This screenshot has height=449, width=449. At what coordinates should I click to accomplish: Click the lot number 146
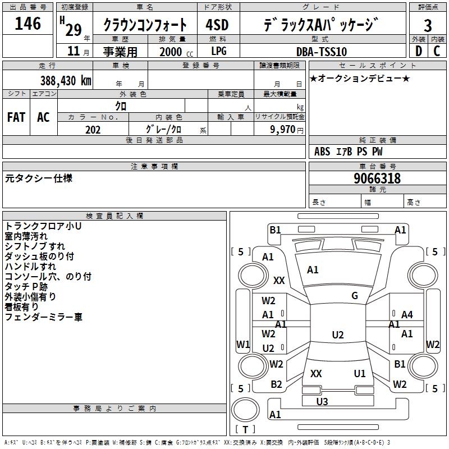pos(28,24)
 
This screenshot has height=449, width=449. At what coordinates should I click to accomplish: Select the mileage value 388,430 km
pos(66,80)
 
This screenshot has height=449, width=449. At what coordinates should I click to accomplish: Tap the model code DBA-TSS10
pos(322,52)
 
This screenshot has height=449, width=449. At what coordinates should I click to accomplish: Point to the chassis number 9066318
pos(377,178)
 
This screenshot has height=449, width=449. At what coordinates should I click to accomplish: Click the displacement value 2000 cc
pos(173,52)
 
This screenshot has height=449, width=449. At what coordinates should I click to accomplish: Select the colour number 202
pos(93,130)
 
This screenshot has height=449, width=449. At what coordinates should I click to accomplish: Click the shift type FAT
pos(16,117)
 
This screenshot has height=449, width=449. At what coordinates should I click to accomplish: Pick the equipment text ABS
pos(322,152)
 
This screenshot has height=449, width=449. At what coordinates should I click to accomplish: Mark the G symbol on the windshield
pos(355,296)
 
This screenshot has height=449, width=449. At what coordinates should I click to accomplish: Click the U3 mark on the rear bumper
pos(322,401)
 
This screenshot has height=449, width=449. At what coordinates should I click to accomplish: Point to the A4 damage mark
pos(407,315)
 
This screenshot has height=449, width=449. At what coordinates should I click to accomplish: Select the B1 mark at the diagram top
pos(275,230)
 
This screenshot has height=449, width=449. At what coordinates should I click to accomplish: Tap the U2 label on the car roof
pos(338,335)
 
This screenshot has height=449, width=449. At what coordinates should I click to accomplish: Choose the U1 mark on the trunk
pos(360,373)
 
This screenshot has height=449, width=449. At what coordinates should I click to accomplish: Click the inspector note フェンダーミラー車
pos(44,317)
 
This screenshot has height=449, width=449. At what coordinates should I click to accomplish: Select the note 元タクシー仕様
pos(39,178)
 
